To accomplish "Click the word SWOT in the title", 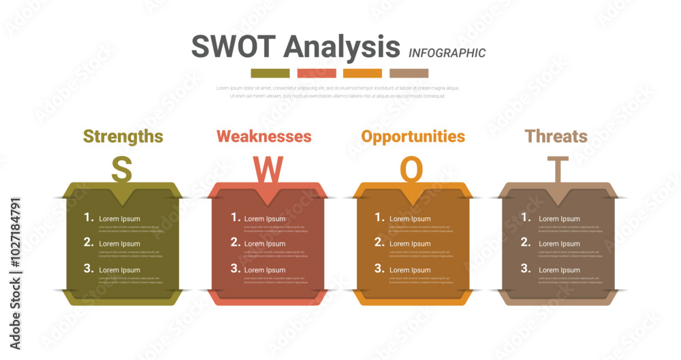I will click(234, 46).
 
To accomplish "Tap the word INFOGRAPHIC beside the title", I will click(447, 53).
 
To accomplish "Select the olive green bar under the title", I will click(270, 73).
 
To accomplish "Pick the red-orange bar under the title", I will click(316, 73).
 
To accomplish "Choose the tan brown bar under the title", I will click(409, 73).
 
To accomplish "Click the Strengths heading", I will click(123, 136).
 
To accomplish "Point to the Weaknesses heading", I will click(264, 136).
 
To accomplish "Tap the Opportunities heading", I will click(413, 136).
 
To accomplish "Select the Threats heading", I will click(556, 136).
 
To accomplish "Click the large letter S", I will click(121, 170).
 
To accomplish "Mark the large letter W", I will click(268, 170).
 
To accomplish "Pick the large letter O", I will click(411, 170).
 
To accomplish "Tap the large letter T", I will click(558, 169).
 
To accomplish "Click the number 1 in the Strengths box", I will click(89, 217).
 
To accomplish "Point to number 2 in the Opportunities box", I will click(380, 242).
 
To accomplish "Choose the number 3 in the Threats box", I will click(526, 268).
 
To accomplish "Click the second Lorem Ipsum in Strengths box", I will click(120, 244).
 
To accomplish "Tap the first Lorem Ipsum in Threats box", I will click(559, 219).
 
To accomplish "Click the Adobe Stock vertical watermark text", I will click(15, 272).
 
